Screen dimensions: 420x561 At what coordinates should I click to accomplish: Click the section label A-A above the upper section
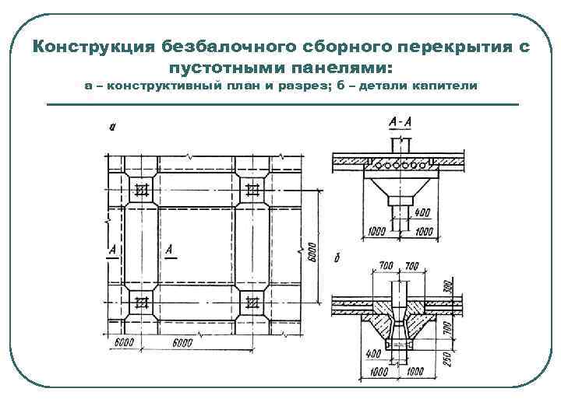click(x=400, y=123)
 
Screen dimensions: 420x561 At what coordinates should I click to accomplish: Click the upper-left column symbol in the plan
click(x=140, y=189)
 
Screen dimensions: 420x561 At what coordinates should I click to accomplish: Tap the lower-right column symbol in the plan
click(x=252, y=304)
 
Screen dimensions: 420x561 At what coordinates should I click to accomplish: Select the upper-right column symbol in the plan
click(x=252, y=189)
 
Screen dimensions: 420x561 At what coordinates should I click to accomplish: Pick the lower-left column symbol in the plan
click(x=140, y=304)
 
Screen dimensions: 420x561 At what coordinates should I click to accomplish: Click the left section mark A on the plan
click(x=113, y=250)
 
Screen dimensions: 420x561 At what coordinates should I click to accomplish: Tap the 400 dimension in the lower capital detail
click(x=372, y=354)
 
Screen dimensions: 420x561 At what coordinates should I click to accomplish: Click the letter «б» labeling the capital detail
click(x=337, y=257)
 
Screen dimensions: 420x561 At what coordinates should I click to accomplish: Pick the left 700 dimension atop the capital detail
click(x=386, y=267)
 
